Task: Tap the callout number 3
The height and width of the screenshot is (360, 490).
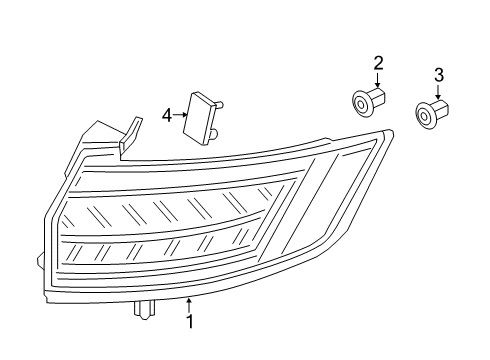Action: coord(438,75)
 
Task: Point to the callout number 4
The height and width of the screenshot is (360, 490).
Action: coord(167,116)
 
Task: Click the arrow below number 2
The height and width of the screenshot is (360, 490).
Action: coord(378,82)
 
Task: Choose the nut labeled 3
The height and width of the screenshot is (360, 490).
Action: coord(432,114)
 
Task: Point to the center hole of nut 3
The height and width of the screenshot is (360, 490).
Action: coord(425,116)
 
